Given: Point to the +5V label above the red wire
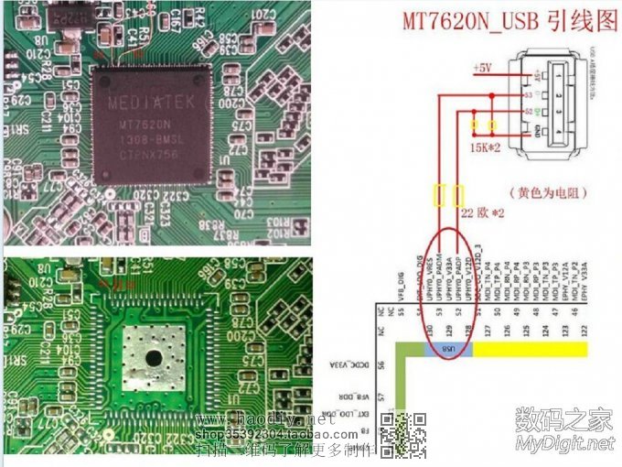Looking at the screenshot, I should [481, 69].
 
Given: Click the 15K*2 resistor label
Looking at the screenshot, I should [484, 147].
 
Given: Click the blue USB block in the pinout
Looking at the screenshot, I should [448, 350].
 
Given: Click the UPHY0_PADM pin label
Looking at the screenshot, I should [439, 274].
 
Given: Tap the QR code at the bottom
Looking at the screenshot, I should [402, 435].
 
